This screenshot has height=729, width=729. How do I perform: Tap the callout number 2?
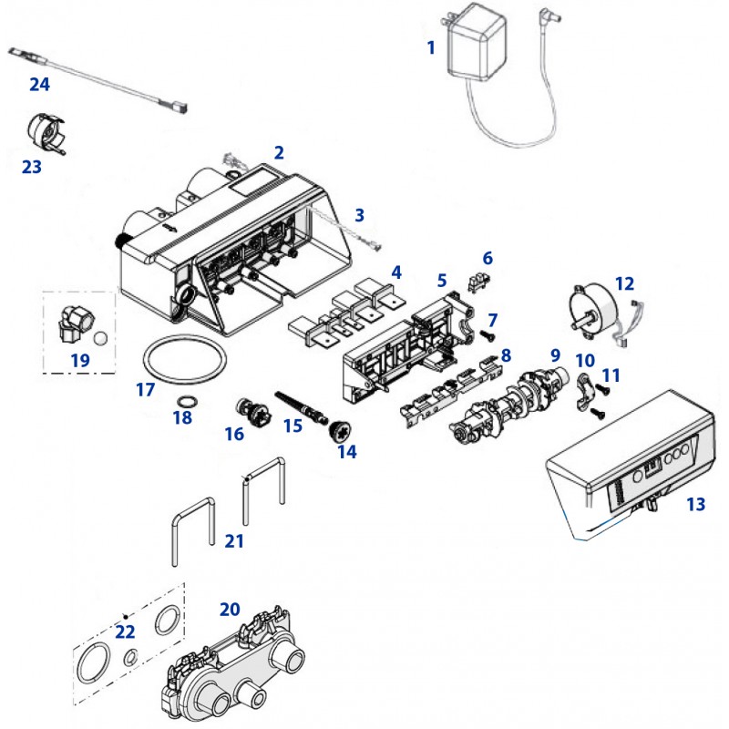pos(279,151)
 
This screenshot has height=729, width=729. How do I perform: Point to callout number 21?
pos(235,541)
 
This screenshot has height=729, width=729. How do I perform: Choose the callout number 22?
pos(124,631)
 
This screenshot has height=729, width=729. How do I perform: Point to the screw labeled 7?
pos(487,336)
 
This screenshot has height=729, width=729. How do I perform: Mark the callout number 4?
pos(395,272)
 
